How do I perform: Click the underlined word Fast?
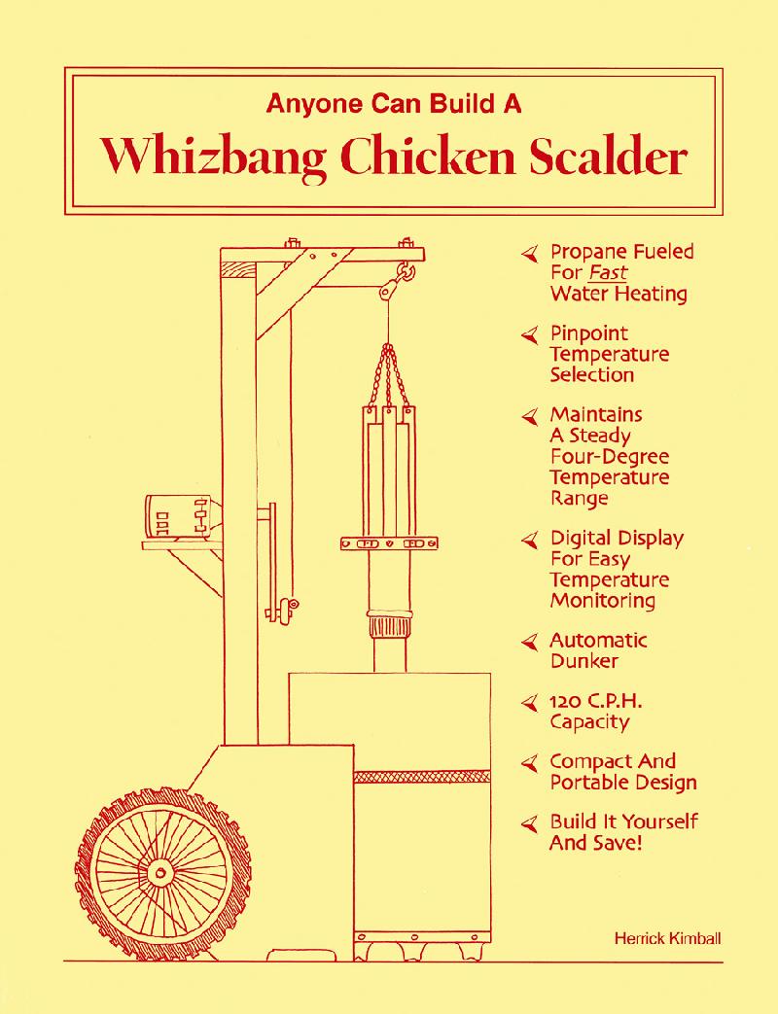608,272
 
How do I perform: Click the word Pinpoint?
589,334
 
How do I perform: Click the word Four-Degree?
609,456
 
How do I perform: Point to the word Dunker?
583,661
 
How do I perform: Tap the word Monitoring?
603,600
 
